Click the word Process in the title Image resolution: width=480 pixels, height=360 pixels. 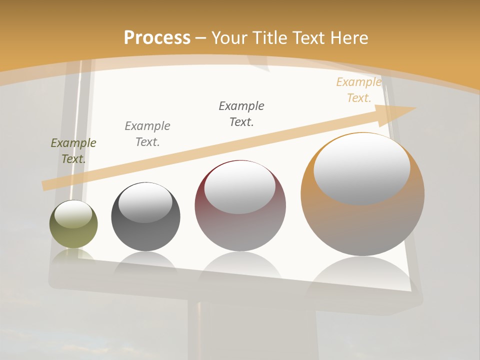(157, 38)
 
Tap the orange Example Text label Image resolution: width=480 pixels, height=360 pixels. (358, 90)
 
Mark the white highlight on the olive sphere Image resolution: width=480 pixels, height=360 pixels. (73, 214)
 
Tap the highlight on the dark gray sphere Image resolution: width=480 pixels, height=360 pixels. (145, 202)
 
